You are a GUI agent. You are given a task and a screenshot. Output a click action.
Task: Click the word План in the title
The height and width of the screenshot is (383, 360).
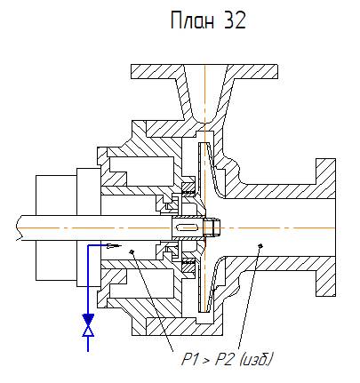192,20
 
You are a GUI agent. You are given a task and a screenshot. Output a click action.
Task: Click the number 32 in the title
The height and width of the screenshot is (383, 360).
235,20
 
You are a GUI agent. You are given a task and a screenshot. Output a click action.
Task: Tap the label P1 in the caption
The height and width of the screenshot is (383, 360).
189,360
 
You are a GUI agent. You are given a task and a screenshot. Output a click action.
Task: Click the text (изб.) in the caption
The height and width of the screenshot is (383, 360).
256,360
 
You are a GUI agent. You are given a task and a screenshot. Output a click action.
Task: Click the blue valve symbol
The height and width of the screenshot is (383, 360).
88,325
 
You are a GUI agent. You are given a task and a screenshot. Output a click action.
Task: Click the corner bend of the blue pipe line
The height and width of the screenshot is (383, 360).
88,245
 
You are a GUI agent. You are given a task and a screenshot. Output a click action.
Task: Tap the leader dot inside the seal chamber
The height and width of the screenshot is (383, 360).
132,251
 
